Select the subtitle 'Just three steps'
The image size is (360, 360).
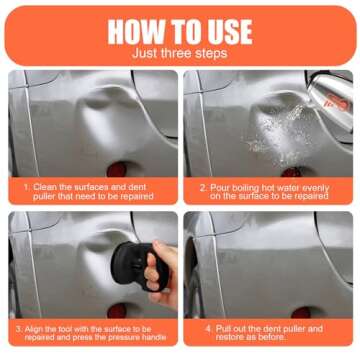coord(180,52)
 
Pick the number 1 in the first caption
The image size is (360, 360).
coord(27,186)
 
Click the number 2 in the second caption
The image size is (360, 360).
coord(201,186)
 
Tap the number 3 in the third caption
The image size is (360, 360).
coord(18,327)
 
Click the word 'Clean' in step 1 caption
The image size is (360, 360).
coord(45,186)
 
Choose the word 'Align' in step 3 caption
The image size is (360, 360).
coord(37,327)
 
